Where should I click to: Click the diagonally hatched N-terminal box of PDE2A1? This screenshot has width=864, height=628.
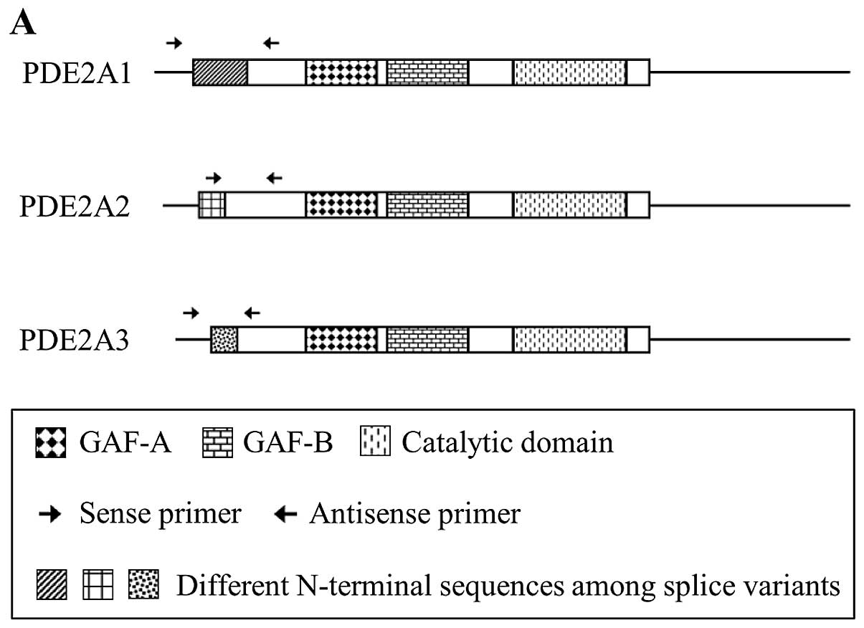click(220, 73)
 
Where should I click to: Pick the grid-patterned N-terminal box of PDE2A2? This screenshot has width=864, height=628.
click(212, 205)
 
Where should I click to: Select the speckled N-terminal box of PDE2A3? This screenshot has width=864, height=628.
click(224, 338)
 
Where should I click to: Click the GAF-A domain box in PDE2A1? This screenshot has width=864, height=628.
click(341, 73)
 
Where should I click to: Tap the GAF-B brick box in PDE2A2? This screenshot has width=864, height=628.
click(427, 205)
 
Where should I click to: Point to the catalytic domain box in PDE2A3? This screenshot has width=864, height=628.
click(570, 338)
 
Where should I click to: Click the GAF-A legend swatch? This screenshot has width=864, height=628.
click(50, 443)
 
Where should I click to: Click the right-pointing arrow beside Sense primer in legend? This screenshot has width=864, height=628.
click(49, 515)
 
